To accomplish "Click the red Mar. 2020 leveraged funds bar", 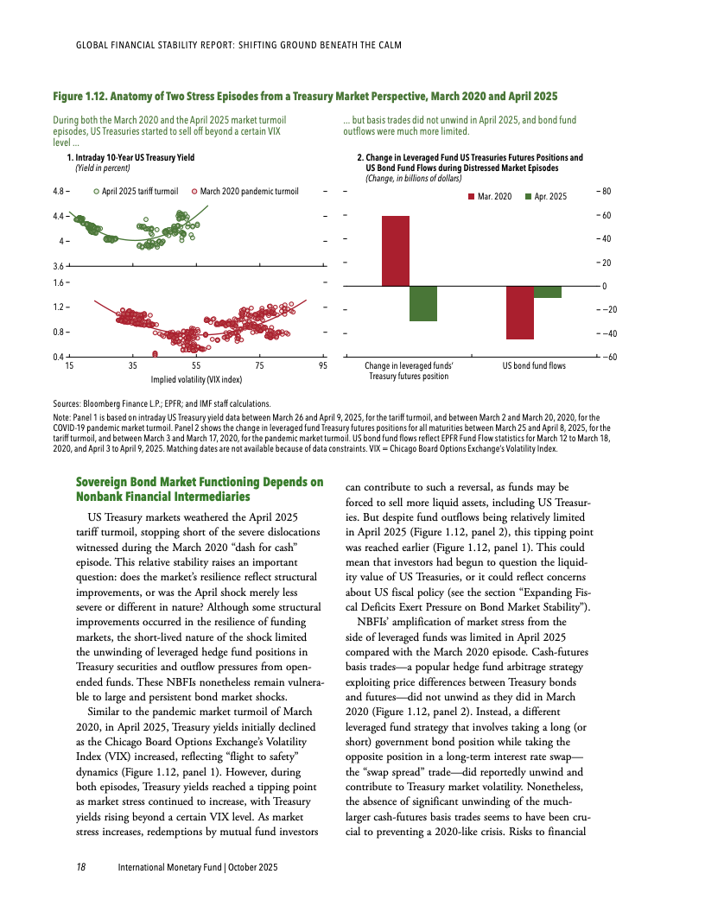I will coord(396,250).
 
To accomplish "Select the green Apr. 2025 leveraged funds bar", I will coord(423,303).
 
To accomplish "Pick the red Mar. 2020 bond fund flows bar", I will coord(520,312).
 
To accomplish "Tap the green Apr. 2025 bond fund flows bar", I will coord(548,292).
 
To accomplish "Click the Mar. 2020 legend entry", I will coord(490,197).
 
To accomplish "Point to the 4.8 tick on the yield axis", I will coord(60,191).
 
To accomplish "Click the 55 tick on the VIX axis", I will coord(196,366).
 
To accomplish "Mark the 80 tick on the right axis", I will coord(607,191).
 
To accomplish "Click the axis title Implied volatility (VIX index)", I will coord(196,378).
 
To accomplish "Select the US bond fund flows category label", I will coord(534,366).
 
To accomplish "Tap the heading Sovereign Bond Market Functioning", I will coord(200,488).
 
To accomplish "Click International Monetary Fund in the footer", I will coord(169,866).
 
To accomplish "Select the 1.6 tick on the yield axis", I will coord(60,282).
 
